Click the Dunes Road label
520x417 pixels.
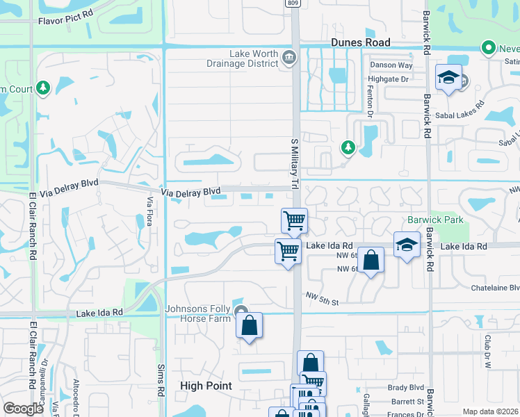(x=360, y=42)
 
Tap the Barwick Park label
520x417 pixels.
(x=446, y=220)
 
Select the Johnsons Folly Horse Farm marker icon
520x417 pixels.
(x=241, y=311)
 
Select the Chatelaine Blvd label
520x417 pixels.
(x=494, y=287)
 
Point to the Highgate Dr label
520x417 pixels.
(x=389, y=80)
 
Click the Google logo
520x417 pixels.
(x=23, y=409)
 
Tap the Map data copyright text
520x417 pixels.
(x=490, y=411)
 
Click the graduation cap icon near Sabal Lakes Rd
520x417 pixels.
(x=448, y=78)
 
